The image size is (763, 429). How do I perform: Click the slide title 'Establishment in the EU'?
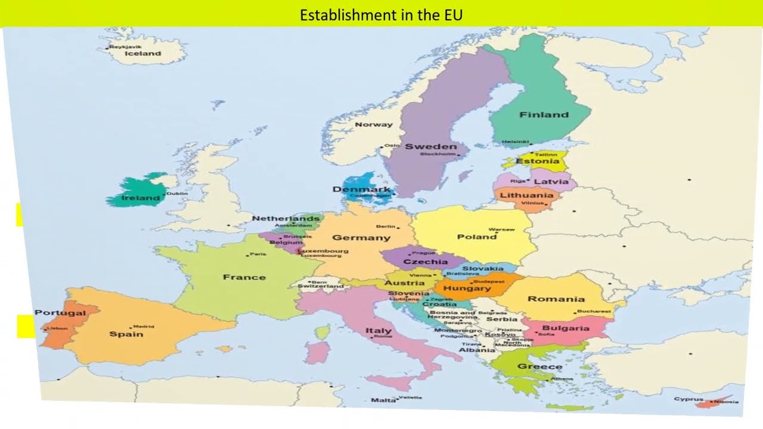coord(381,14)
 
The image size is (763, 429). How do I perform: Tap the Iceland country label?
coord(142,53)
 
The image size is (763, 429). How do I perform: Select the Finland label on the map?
coord(544,114)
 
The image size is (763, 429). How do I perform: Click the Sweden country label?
coord(430,146)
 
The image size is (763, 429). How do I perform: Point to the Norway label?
coord(374,125)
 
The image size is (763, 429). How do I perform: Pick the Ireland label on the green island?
coord(141,198)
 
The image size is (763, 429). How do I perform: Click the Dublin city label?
coord(176,193)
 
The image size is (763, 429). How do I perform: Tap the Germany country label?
coord(361,237)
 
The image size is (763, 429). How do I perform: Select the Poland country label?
coord(476,237)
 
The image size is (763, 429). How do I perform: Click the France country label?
coord(244,277)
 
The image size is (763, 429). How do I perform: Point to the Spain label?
coord(126,334)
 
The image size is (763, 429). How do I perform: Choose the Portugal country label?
coord(60,313)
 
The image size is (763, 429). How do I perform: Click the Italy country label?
coord(379,330)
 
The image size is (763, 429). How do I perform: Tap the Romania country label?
coord(556,299)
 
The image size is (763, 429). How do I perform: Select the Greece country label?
coord(539,366)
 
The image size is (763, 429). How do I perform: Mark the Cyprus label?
coord(688,399)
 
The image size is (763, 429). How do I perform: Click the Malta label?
coord(383,400)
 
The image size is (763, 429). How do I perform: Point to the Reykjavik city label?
coord(125,46)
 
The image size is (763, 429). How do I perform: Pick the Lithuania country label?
coord(526,195)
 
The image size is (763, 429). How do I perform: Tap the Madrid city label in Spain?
coord(143,327)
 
